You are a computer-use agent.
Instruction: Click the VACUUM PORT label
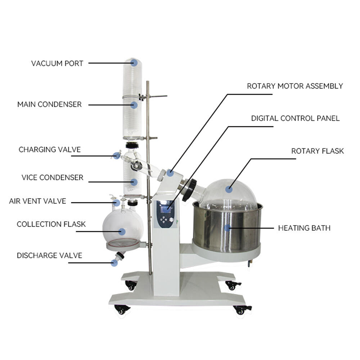coord(57,63)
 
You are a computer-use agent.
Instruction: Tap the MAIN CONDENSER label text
coord(49,104)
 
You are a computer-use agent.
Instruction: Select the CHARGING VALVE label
coord(50,149)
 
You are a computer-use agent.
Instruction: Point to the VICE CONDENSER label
coord(52,177)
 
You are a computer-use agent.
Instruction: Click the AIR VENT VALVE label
coord(37,201)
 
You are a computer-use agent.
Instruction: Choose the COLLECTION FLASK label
coord(51,224)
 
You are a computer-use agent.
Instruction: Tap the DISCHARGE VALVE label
coord(49,256)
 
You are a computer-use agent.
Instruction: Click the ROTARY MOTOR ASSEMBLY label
coord(295,86)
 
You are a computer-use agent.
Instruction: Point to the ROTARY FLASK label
coord(318,151)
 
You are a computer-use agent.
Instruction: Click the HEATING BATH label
coord(304,228)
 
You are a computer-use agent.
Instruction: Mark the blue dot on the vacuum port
coord(134,63)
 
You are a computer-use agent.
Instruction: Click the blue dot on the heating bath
coord(227,228)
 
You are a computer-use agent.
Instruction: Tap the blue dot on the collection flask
coord(122,231)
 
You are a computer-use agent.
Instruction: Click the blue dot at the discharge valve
coord(114,263)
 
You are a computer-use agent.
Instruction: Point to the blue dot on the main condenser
coord(134,105)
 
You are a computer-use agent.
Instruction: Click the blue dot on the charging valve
coord(116,156)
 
